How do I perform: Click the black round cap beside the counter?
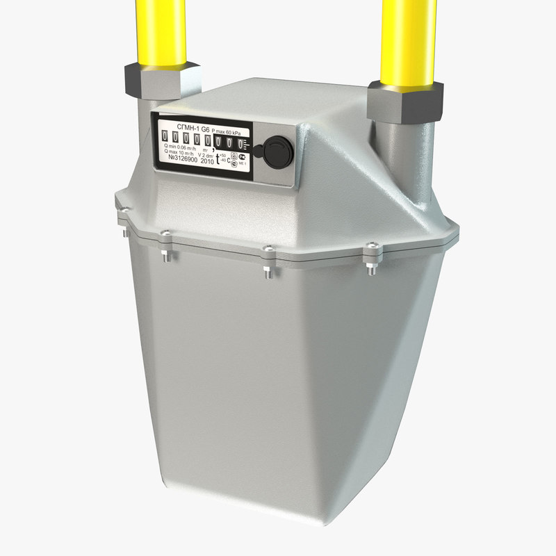click(270, 149)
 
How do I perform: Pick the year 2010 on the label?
click(207, 161)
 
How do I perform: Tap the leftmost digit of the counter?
click(165, 138)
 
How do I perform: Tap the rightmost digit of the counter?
click(241, 144)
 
